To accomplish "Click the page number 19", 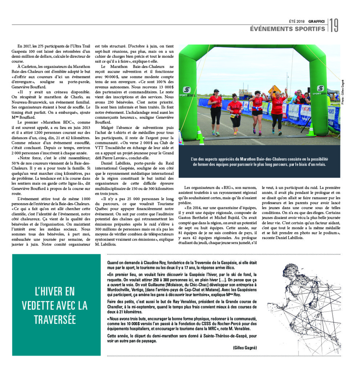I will [334, 25].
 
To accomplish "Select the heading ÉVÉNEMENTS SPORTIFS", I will [287, 29].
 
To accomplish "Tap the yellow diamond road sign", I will [274, 89].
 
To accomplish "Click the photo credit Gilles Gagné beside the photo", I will [342, 92].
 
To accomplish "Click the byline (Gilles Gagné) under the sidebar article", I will [244, 348].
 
